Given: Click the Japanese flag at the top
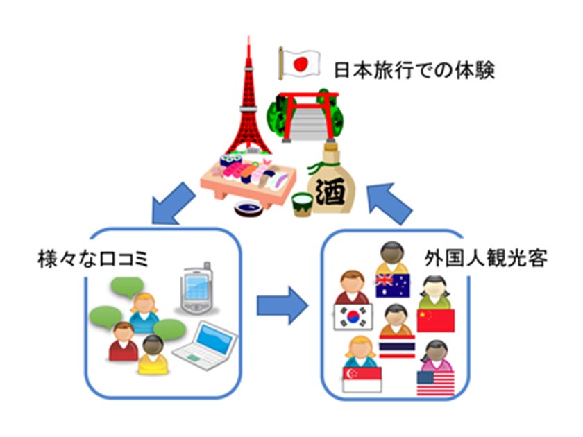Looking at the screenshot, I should pos(301,63).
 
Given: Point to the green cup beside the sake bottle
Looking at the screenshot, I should pos(301,204).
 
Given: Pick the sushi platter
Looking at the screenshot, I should pos(242,176).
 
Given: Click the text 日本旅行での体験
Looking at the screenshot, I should pos(414,71).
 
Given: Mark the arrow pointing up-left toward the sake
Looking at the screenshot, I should pos(392,200).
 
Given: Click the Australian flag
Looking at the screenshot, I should pos(393,283).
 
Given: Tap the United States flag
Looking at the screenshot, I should pos(436,382).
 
